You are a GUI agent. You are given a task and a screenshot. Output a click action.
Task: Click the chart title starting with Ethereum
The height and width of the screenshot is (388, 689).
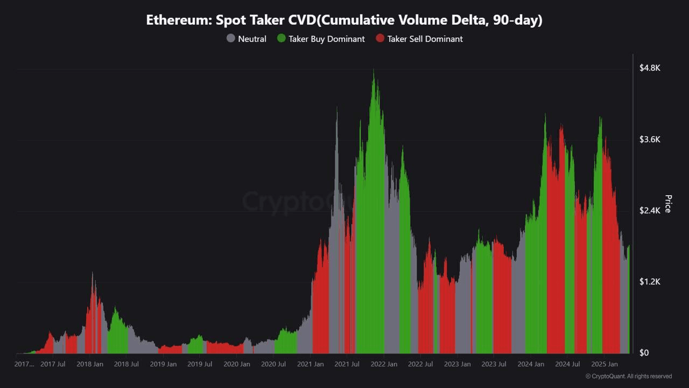pos(344,20)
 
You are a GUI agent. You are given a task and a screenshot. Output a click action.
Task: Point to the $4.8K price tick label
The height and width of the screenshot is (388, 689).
pos(650,68)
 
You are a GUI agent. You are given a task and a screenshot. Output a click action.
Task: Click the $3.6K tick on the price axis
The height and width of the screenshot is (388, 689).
pos(650,140)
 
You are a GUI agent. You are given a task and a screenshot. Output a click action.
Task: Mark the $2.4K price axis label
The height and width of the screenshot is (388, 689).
pos(650,211)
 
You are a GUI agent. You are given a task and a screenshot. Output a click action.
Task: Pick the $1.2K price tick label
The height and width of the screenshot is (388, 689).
pos(650,282)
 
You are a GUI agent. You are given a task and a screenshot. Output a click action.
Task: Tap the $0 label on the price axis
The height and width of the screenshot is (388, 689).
pos(644,353)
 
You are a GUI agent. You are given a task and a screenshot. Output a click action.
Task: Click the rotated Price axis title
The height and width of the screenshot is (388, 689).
pos(668,204)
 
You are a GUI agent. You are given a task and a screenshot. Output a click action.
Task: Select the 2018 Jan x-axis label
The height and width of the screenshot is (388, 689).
pos(90,364)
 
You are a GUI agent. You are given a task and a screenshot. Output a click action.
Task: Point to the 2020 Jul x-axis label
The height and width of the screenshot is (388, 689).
pos(273,364)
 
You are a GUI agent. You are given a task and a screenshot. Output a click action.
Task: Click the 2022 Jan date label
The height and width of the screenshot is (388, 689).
pos(384,364)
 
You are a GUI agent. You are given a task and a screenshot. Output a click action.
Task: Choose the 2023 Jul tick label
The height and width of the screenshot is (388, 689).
pos(494,364)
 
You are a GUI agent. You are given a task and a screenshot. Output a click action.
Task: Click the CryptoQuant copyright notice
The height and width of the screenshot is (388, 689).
pos(628,376)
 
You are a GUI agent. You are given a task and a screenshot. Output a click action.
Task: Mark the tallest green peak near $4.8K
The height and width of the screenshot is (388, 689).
pos(374,71)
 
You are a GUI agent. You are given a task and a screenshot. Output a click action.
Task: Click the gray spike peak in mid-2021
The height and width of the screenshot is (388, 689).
pos(337,108)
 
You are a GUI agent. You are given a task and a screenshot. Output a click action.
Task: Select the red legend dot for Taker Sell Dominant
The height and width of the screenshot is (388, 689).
pos(380,39)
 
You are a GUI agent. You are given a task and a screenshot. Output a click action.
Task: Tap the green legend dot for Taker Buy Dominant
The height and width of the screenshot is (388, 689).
pos(281,39)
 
